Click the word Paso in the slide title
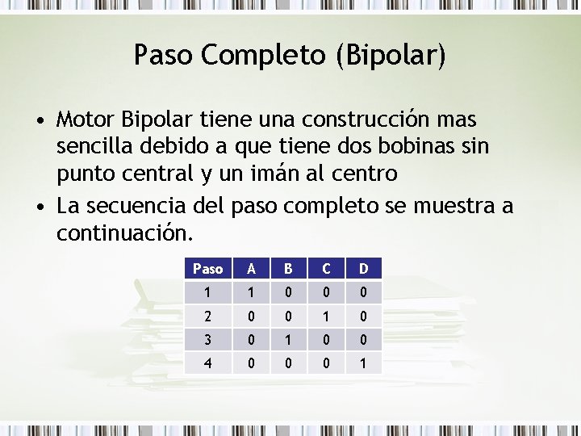tap(164, 55)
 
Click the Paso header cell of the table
tap(207, 268)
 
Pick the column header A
tap(252, 268)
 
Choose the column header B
tap(289, 268)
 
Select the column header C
tap(326, 268)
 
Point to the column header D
tap(363, 268)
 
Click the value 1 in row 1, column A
tap(252, 292)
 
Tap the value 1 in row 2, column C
tap(326, 316)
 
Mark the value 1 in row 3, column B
tap(289, 340)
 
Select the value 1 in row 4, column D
tap(363, 363)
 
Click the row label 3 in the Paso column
tap(207, 340)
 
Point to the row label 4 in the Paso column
tap(207, 363)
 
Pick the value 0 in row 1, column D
tap(363, 292)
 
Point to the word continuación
tap(124, 234)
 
